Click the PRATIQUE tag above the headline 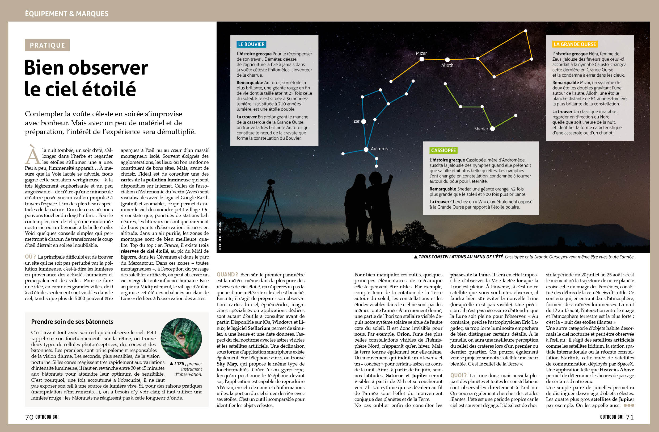(47, 45)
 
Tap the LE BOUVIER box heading (251, 44)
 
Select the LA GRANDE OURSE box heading (574, 44)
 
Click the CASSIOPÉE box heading (443, 151)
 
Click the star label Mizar (421, 53)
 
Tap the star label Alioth (447, 65)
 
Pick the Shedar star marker (493, 128)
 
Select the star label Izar (356, 121)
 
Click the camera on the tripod (271, 182)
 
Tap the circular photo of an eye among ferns (181, 338)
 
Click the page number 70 (29, 417)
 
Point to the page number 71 (630, 417)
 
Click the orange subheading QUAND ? (227, 275)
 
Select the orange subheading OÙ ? (30, 257)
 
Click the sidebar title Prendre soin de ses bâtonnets (72, 322)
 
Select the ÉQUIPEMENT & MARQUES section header (67, 14)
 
